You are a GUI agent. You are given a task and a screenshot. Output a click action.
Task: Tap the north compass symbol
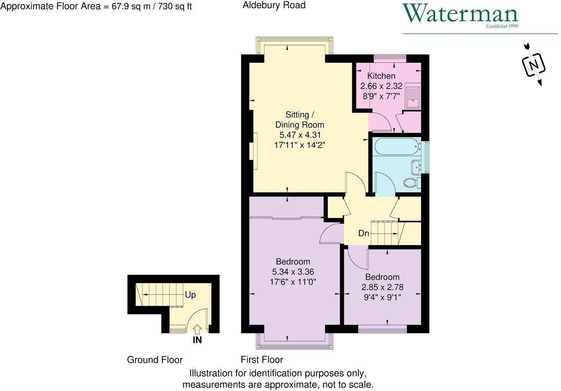(534, 65)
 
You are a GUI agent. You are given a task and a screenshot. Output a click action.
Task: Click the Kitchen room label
(381, 76)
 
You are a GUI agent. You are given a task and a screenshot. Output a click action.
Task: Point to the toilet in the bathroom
(411, 183)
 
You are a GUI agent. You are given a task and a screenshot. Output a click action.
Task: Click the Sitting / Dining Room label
(299, 119)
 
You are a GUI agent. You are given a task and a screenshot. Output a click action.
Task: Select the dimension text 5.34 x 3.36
(293, 272)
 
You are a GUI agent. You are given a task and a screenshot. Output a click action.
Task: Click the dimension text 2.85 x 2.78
(382, 287)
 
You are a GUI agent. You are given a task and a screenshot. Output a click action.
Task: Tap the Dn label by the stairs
(364, 233)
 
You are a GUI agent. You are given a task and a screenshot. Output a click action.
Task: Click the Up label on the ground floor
(190, 294)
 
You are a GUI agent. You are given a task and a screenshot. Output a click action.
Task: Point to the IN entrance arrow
(197, 329)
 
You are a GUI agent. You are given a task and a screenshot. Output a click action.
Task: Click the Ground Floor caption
(155, 360)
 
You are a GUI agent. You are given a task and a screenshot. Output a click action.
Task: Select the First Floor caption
(262, 359)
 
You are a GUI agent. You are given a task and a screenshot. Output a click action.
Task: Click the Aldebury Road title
(274, 5)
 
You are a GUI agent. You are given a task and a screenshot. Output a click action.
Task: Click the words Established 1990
(502, 26)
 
